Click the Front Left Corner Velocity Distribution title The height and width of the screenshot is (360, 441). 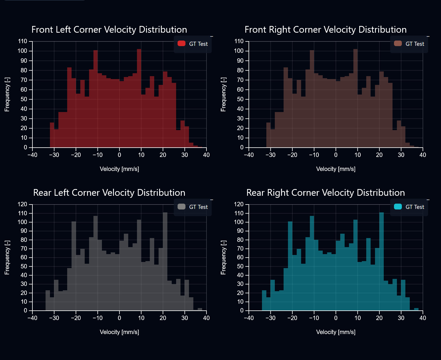(109, 29)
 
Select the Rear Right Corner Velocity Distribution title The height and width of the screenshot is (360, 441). (325, 193)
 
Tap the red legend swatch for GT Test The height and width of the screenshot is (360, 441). (181, 43)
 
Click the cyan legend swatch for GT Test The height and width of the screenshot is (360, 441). (398, 207)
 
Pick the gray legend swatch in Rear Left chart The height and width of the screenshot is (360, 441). (181, 207)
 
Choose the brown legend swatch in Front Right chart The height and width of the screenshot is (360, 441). (398, 43)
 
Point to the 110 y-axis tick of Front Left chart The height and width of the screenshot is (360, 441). (22, 41)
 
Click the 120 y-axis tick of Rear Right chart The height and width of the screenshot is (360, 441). (239, 204)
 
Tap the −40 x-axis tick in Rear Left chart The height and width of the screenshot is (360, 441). (32, 318)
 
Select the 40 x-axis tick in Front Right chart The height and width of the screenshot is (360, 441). (423, 155)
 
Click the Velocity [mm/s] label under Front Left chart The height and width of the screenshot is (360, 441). (119, 169)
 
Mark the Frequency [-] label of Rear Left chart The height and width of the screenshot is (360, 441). (7, 257)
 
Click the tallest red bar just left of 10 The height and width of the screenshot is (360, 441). (139, 99)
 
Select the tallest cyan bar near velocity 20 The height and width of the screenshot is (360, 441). (381, 263)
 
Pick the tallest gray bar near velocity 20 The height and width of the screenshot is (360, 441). (165, 263)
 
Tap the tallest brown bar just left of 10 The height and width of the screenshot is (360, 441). (355, 99)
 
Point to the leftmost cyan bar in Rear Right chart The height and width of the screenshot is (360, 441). (264, 300)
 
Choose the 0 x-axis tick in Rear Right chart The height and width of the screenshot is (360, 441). (336, 318)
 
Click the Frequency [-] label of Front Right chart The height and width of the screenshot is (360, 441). (223, 94)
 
